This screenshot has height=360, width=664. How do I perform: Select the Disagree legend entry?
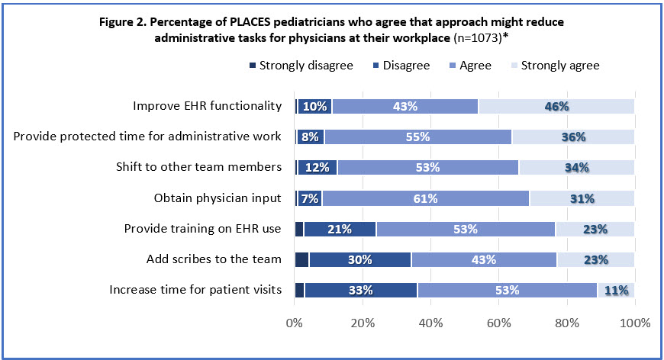pos(401,66)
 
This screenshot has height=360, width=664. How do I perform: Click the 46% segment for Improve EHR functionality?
pos(556,106)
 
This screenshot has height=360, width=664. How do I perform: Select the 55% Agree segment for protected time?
pos(417,137)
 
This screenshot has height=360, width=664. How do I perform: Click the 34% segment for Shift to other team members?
pos(576,168)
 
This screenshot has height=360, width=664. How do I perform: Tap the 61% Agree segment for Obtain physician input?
pos(424,198)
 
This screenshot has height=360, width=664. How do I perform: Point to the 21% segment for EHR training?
pos(340,229)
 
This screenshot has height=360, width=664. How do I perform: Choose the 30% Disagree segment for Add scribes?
pos(359,259)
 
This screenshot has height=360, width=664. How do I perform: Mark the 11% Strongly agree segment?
pos(616,290)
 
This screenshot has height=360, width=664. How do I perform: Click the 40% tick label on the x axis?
pos(431,323)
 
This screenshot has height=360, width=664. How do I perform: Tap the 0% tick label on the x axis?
pos(295,323)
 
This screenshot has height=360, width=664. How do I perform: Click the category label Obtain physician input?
pos(217,198)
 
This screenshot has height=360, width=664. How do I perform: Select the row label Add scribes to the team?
pos(214,259)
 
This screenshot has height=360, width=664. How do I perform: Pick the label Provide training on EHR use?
pos(203,229)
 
